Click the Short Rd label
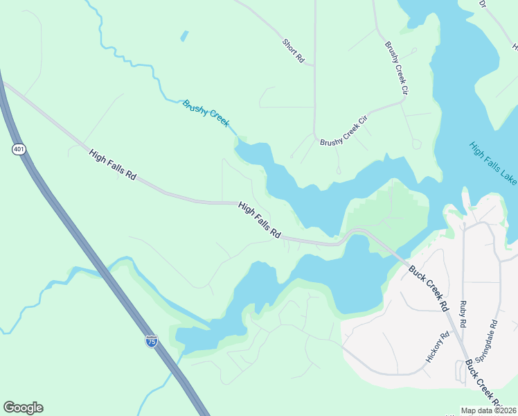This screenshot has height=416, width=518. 294,51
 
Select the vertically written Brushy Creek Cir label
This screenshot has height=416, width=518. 396,63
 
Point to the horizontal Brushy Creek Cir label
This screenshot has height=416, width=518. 343,132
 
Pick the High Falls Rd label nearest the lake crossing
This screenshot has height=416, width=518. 259,221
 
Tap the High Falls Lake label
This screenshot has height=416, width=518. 492,164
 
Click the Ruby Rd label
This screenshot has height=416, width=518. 463,315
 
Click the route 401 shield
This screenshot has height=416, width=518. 18,149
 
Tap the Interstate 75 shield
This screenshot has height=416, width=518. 152,340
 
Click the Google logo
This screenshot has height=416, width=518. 23,408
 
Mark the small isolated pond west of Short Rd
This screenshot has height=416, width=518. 184,35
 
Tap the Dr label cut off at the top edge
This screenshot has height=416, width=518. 483,3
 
